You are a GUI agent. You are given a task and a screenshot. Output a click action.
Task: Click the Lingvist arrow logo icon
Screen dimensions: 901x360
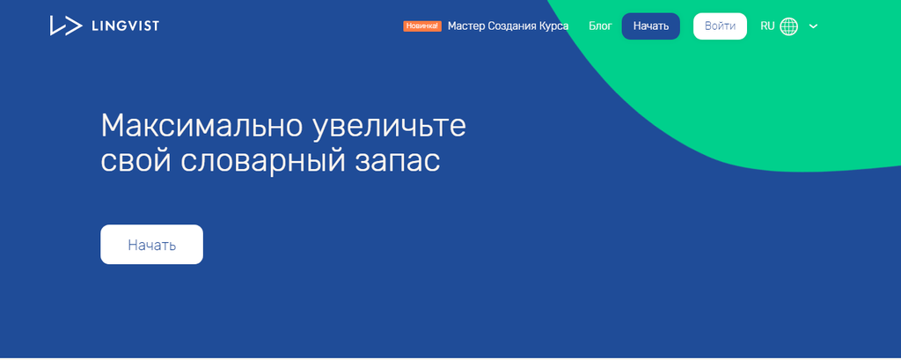tap(65, 26)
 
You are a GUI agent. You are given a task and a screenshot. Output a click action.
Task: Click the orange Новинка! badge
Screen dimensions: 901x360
tap(422, 26)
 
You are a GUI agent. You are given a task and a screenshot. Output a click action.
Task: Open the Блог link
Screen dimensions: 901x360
tap(600, 26)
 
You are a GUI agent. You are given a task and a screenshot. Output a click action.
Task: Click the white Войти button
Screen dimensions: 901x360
tap(720, 26)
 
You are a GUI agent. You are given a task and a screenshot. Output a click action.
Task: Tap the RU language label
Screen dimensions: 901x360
tap(767, 26)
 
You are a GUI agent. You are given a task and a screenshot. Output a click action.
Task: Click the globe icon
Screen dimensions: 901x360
tap(789, 26)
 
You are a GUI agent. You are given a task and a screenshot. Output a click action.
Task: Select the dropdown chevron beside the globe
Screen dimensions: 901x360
tap(813, 26)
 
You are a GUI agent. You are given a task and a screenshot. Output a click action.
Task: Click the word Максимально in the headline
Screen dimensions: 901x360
tap(201, 126)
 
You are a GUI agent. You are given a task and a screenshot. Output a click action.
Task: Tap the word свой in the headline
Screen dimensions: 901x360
tap(136, 161)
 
